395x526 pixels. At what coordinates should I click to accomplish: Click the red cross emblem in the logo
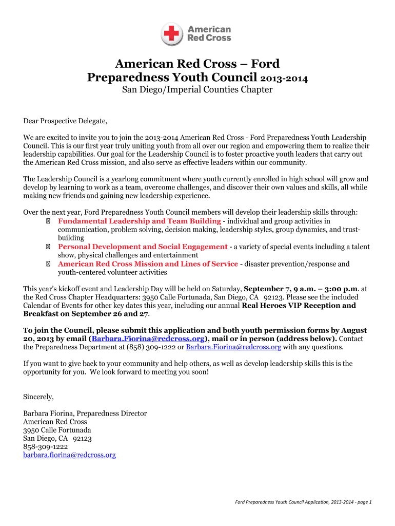point(171,34)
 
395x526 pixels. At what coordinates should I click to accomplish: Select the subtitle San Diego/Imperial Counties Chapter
point(197,90)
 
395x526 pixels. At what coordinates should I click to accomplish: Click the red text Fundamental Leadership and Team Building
point(140,221)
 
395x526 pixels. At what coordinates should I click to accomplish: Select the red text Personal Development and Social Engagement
point(143,247)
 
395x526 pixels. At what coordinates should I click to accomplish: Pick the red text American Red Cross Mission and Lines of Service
point(148,264)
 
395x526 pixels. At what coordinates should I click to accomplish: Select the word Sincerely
point(38,397)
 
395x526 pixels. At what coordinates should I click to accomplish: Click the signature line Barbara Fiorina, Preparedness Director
point(85,414)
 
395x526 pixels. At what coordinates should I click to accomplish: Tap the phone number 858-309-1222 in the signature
point(46,447)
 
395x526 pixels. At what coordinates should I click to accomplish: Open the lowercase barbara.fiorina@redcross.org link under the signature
point(70,455)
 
